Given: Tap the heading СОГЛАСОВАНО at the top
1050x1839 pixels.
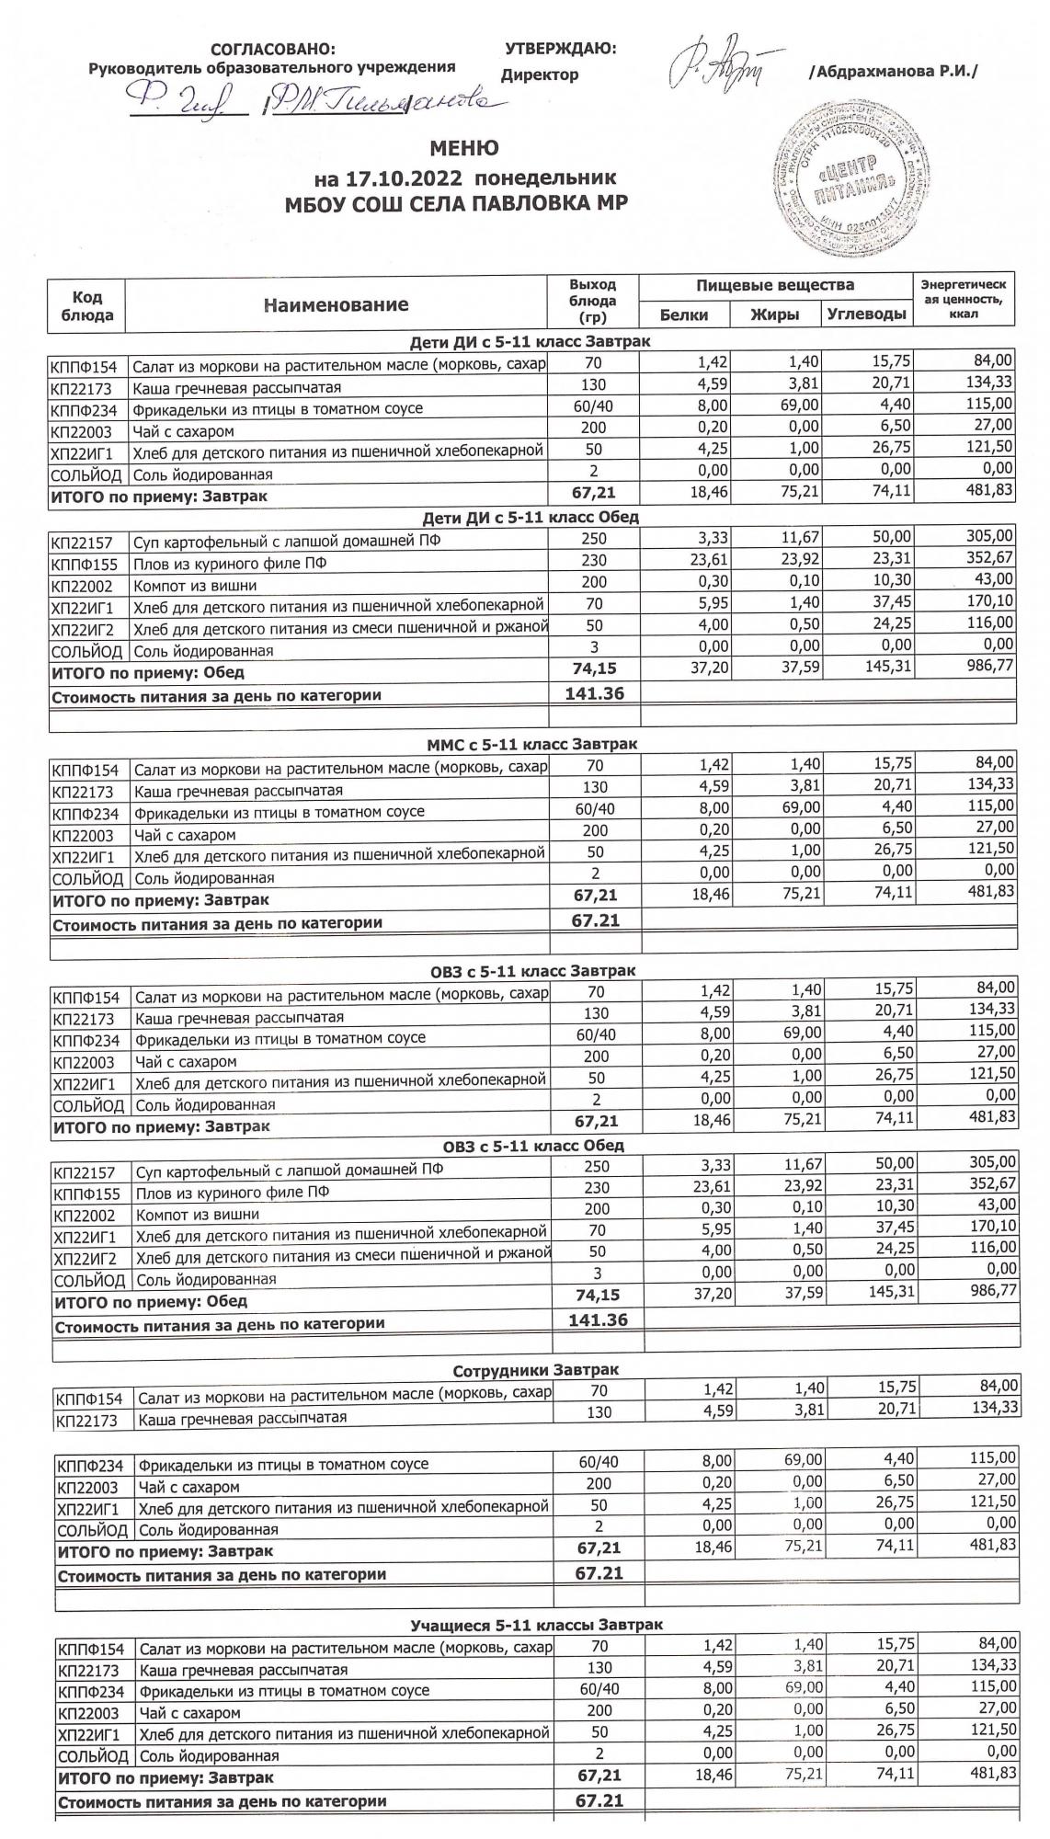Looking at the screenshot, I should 273,49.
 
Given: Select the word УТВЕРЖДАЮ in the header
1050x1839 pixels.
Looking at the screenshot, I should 560,49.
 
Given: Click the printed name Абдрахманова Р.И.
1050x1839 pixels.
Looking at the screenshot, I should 893,72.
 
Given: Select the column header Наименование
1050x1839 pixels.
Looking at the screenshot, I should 336,304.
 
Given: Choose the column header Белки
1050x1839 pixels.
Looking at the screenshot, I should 684,314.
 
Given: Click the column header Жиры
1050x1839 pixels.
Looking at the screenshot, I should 774,314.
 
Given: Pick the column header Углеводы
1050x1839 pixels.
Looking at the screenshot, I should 866,314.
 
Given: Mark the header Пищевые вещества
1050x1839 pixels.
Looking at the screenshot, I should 774,285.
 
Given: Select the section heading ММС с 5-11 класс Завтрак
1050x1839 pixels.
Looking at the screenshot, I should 532,743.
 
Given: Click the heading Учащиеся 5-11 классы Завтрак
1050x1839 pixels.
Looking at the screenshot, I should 536,1625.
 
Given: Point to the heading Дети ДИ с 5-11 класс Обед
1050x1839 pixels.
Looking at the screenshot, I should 531,517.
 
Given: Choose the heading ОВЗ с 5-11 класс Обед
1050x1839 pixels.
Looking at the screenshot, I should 533,1146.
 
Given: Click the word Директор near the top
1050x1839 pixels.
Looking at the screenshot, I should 540,74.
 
